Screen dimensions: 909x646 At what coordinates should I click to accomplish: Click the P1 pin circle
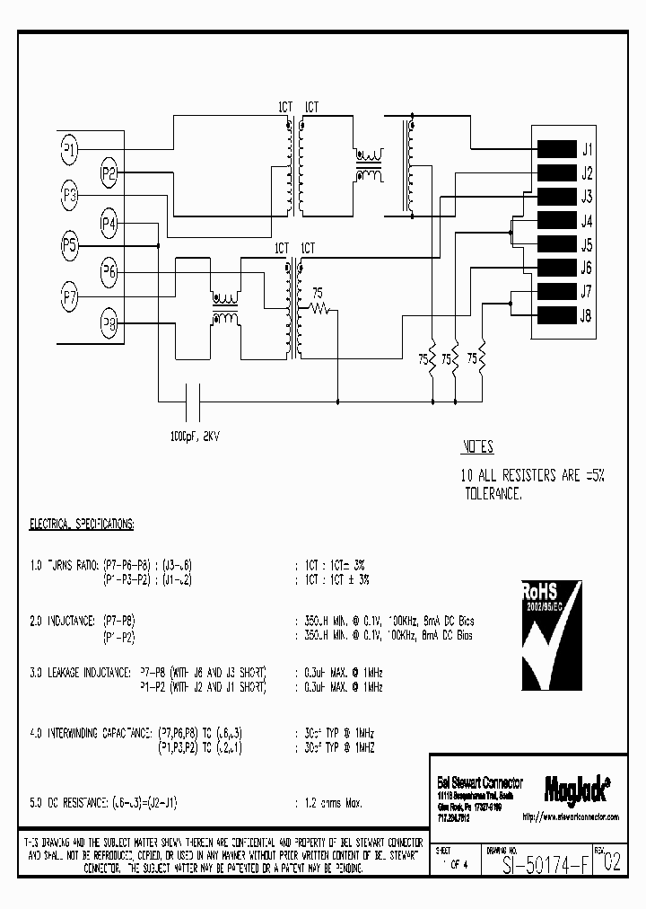(x=69, y=149)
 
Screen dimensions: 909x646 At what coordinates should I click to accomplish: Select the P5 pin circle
(x=69, y=244)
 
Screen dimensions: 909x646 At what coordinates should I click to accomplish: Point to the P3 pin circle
(x=69, y=197)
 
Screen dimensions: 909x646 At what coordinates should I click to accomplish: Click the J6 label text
(x=587, y=268)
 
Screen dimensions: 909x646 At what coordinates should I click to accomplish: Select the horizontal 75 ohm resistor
(x=319, y=308)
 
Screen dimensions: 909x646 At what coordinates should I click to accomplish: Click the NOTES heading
(x=477, y=447)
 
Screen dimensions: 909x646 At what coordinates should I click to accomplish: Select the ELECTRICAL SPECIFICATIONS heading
(x=82, y=522)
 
